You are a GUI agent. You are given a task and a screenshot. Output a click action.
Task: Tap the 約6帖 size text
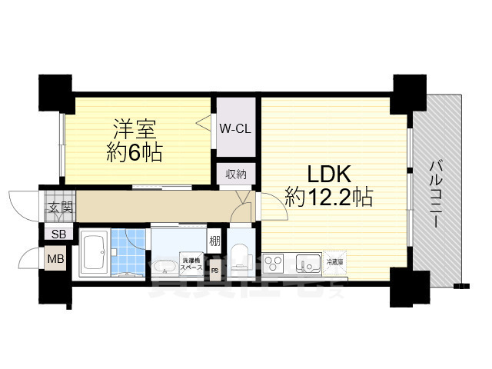point(134,151)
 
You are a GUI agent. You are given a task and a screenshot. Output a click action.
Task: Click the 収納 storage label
point(236,174)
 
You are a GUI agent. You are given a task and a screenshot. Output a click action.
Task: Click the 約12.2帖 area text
point(328,198)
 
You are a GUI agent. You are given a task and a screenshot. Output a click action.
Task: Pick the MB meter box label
point(56,259)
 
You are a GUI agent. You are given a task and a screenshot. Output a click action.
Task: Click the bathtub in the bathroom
point(94,253)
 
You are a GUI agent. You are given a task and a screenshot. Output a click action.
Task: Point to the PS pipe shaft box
point(215,270)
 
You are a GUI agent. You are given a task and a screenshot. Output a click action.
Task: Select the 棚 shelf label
point(215,241)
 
